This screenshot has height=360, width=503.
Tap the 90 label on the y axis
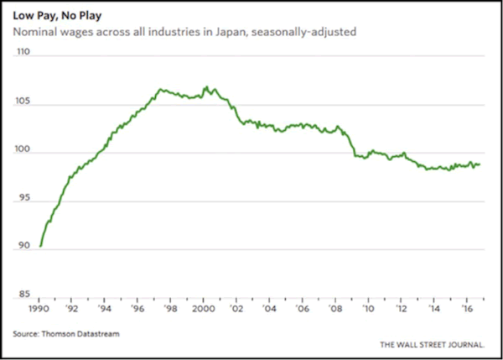click(x=25, y=246)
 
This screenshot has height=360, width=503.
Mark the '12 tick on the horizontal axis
click(x=402, y=308)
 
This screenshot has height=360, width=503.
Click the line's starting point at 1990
click(x=39, y=247)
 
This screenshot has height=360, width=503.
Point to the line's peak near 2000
click(x=206, y=86)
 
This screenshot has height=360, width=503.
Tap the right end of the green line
click(x=480, y=164)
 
